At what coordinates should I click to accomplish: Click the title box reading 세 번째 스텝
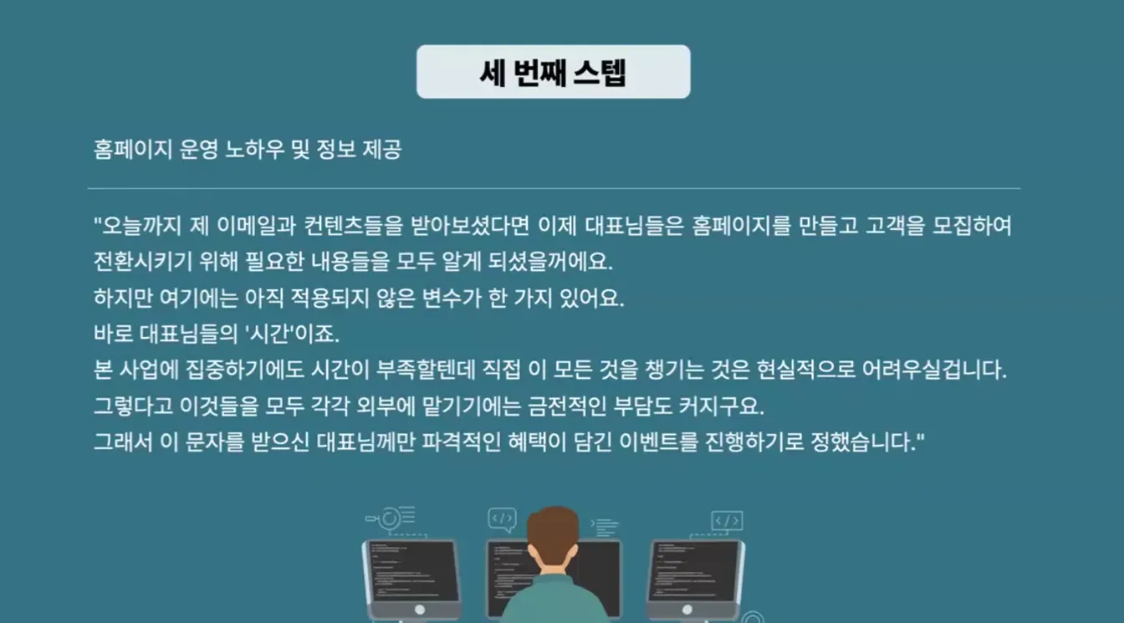[553, 72]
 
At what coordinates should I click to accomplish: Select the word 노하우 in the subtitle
[254, 150]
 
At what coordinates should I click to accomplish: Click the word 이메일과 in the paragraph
[256, 226]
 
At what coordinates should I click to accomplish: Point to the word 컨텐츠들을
[353, 226]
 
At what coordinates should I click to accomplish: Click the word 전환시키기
[143, 262]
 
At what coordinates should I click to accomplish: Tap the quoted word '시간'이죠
[292, 334]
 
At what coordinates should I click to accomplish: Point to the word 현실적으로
[806, 370]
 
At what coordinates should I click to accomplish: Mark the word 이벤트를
[658, 442]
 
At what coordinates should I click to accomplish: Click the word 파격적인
[461, 442]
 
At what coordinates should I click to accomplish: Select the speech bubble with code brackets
[502, 519]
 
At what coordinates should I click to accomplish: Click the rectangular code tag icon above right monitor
[727, 521]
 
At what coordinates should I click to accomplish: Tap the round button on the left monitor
[420, 610]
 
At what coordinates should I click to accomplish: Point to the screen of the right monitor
[694, 571]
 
